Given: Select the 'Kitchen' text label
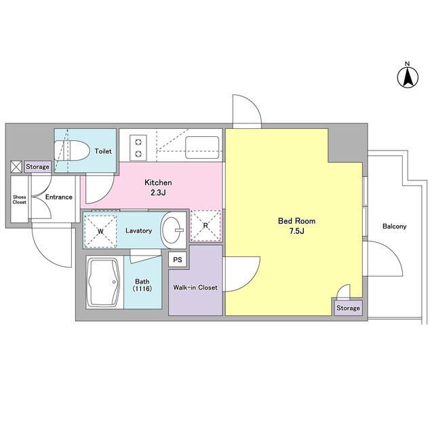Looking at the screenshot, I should click(158, 183).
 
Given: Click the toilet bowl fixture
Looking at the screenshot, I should click(76, 151).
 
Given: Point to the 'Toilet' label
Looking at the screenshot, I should click(103, 151).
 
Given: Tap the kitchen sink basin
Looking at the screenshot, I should click(202, 146).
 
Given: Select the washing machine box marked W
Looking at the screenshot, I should click(100, 231).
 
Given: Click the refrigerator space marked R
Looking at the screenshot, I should click(205, 226).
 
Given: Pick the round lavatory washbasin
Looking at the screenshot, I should click(172, 231).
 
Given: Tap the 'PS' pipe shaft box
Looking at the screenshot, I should click(178, 259).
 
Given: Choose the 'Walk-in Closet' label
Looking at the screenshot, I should click(195, 288).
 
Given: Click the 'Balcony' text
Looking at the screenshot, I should click(394, 226).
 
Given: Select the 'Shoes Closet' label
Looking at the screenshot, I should click(19, 199).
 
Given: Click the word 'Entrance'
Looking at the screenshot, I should click(58, 197).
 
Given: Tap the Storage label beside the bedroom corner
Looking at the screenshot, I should click(349, 308).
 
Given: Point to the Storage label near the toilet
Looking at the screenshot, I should click(38, 166).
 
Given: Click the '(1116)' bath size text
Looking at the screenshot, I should click(142, 290).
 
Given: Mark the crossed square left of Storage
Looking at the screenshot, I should click(16, 166).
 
